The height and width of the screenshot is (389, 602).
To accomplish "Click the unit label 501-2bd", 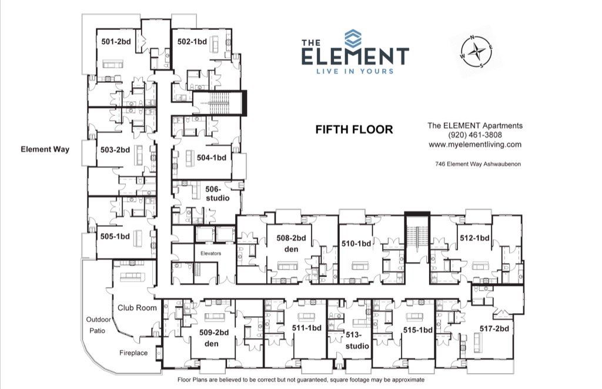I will tap(116, 41).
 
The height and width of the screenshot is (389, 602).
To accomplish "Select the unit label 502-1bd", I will tap(192, 41).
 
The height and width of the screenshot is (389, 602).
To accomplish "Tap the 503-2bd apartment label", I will tap(115, 150).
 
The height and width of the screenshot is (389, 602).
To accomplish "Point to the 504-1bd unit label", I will tap(212, 157).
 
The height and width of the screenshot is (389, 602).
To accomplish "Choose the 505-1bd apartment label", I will tap(115, 237).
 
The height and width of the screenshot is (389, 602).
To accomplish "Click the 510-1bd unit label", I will tap(357, 243).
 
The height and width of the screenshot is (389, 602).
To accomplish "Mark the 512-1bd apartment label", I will tap(474, 238).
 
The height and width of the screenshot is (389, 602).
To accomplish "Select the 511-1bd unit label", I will tap(307, 328).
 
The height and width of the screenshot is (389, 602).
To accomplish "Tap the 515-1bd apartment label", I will tap(418, 330).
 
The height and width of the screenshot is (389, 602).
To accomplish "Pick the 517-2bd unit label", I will tap(494, 328).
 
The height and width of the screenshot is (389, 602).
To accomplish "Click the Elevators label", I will tap(210, 253).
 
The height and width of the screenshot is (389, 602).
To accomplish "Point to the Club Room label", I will tap(137, 307).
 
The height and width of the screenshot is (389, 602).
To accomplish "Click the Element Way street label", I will tap(45, 149).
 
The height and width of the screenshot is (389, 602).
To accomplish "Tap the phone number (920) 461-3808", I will tap(474, 135).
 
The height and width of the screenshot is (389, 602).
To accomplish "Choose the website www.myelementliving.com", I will tap(474, 145).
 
